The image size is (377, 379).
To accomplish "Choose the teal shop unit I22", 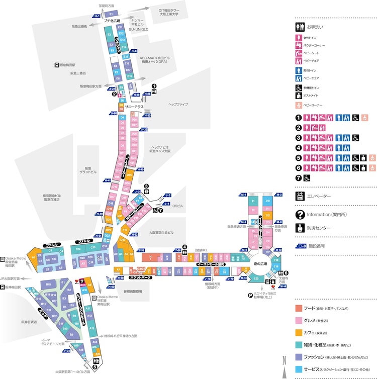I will tap(256, 278).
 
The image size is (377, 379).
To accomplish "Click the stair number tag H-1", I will tap(97, 16).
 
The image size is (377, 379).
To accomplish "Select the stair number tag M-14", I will tap(284, 287).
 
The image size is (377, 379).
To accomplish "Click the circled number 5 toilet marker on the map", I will tap(95, 367).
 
